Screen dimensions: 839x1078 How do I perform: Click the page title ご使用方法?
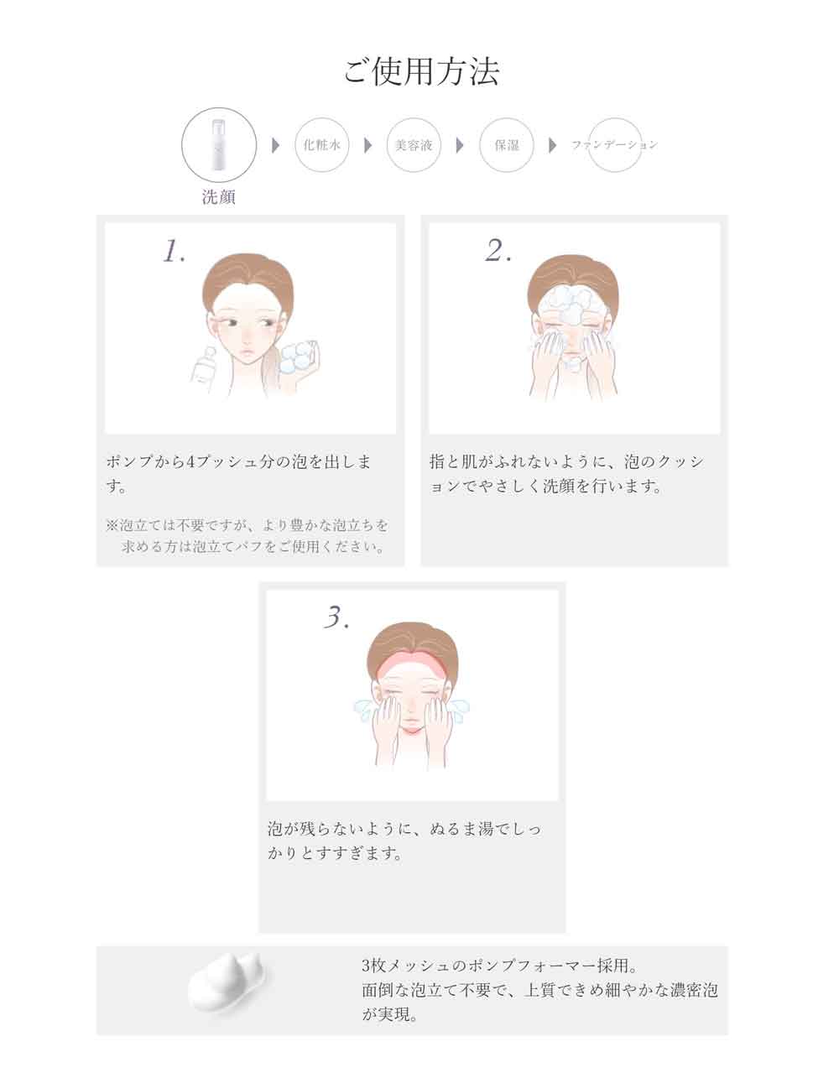point(421,72)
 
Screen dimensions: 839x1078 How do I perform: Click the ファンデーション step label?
point(614,144)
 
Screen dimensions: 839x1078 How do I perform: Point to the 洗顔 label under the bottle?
point(218,197)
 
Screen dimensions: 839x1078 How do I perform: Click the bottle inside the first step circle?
point(219,144)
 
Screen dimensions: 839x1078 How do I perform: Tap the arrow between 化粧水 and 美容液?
point(367,145)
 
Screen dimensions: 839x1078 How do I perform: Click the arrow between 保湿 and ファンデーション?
point(552,145)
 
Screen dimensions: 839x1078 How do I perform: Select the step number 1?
point(175,251)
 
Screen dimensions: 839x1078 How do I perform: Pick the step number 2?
point(498,250)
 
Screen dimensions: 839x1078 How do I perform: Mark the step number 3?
point(336,617)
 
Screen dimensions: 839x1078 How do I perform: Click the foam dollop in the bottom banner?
point(227,984)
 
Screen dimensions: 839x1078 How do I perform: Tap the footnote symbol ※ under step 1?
point(111,525)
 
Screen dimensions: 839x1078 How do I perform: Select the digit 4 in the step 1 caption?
point(191,462)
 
